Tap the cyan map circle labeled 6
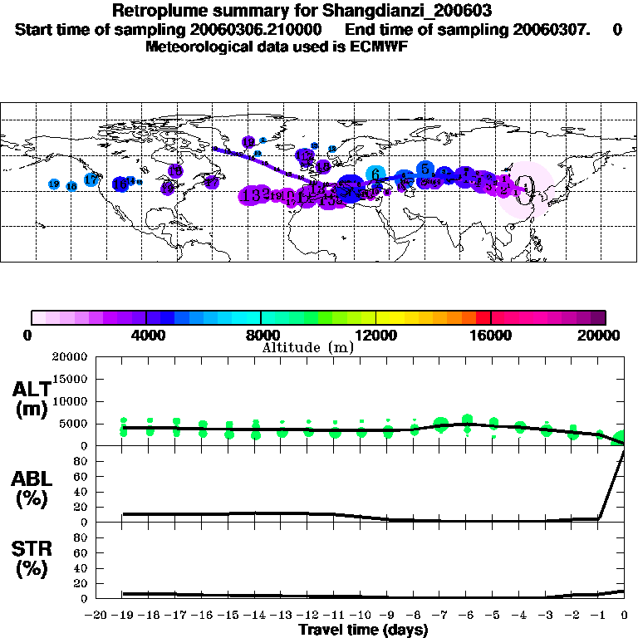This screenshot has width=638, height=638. (375, 174)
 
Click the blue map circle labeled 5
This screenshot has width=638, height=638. (425, 169)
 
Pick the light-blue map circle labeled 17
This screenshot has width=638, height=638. (91, 180)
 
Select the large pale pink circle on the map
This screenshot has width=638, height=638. (530, 190)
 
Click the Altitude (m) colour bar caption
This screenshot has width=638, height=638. (307, 347)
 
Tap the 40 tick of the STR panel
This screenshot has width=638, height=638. (82, 568)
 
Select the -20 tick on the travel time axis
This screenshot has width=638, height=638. (96, 616)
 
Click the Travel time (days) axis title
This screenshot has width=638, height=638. (363, 630)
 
